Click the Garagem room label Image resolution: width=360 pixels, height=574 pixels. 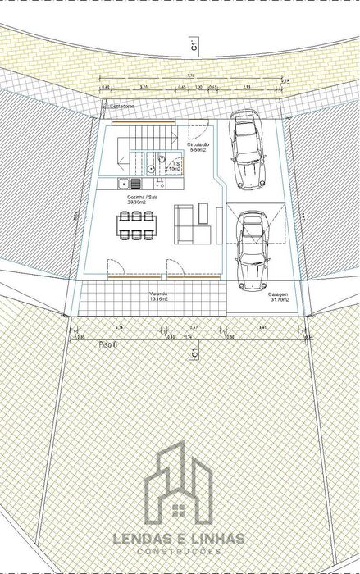[279, 294]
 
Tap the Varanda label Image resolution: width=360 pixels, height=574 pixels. [159, 293]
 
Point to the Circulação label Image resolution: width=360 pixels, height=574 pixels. [198, 144]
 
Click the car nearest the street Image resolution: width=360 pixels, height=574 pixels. [248, 149]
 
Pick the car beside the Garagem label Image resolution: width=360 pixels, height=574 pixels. [252, 250]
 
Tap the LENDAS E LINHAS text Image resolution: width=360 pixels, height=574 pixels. [179, 539]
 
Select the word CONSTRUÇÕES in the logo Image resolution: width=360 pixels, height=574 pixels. [179, 552]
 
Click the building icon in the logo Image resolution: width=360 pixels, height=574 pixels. [179, 485]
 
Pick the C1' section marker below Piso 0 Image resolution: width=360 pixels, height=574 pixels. [193, 353]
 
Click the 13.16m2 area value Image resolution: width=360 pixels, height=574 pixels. [158, 299]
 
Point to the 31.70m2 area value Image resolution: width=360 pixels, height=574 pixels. [279, 299]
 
